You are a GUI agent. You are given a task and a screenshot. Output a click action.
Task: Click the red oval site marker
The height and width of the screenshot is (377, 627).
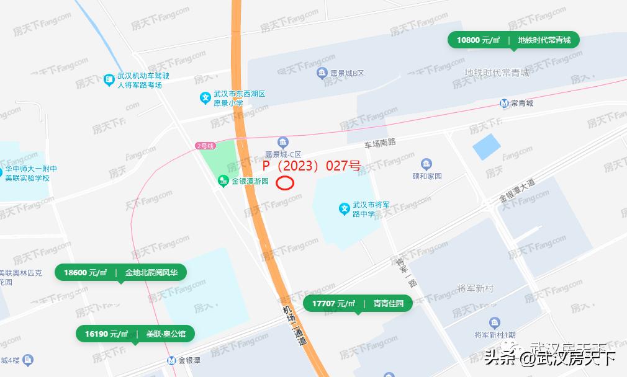(x=285, y=183)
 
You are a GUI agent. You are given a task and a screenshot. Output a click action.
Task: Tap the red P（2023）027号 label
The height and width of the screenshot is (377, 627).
(x=311, y=166)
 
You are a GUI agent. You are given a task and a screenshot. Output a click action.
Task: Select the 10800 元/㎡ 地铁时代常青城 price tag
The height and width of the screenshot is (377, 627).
(x=513, y=40)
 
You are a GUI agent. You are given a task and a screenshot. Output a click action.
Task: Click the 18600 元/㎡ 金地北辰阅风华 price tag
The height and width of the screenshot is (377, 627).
(x=120, y=272)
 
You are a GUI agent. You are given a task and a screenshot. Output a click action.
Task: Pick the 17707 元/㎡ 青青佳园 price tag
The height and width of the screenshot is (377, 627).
(x=358, y=303)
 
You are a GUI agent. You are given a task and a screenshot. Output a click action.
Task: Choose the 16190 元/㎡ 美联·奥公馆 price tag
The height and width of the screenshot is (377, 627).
(x=135, y=334)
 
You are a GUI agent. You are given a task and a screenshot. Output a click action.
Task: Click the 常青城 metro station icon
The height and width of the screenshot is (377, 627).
(x=505, y=103)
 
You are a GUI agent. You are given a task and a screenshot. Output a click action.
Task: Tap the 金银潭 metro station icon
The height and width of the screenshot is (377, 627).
(x=171, y=360)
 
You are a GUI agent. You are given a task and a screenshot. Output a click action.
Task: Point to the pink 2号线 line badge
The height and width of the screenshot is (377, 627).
(x=205, y=146)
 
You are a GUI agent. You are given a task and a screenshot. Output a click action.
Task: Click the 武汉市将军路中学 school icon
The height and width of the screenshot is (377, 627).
(x=345, y=209)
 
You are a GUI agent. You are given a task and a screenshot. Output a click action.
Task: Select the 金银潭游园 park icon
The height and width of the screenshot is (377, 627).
(x=223, y=182)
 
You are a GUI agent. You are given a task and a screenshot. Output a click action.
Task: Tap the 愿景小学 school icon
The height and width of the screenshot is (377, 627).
(x=205, y=98)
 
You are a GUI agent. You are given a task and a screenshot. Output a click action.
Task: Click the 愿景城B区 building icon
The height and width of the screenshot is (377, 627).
(x=322, y=74)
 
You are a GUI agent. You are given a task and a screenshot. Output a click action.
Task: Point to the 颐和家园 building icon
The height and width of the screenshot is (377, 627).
(x=426, y=164)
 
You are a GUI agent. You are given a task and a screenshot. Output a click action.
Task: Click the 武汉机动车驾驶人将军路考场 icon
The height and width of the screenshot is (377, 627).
(x=109, y=80)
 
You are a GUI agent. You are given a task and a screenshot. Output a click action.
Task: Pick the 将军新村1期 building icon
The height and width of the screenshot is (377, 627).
(x=495, y=322)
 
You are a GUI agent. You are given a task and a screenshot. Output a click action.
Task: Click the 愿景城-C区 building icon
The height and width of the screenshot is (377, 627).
(x=283, y=143)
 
